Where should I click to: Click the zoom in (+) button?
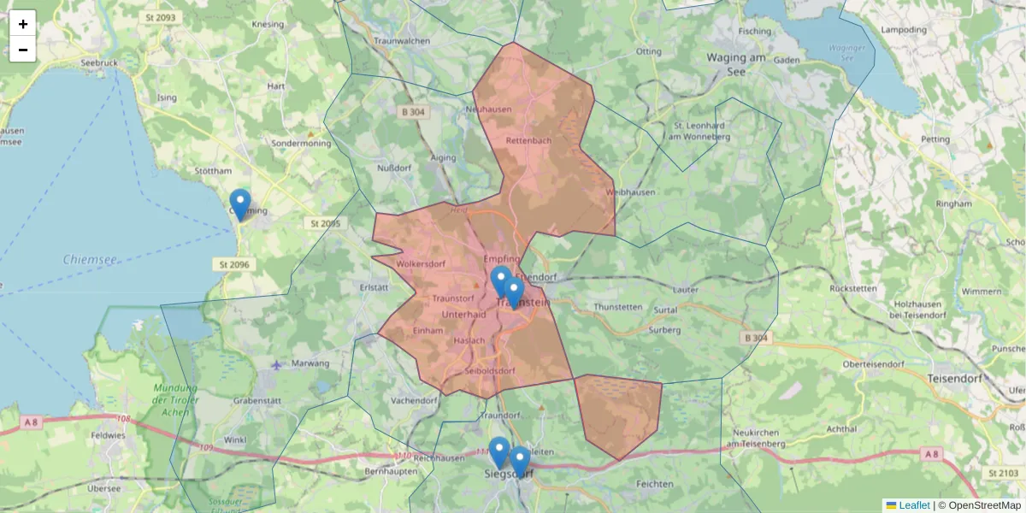(x=23, y=24)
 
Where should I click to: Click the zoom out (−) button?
(x=23, y=50)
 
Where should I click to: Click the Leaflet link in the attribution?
(x=914, y=505)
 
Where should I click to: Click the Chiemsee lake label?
(x=91, y=259)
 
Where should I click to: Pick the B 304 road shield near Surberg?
(x=757, y=339)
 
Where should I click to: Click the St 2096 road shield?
(x=233, y=265)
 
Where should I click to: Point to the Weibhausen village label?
(x=630, y=192)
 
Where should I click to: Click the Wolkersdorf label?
(x=422, y=264)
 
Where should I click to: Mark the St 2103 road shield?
(x=1005, y=473)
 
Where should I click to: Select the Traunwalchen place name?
(x=401, y=40)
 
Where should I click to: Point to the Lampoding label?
(x=904, y=30)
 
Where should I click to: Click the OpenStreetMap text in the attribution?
(x=984, y=505)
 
